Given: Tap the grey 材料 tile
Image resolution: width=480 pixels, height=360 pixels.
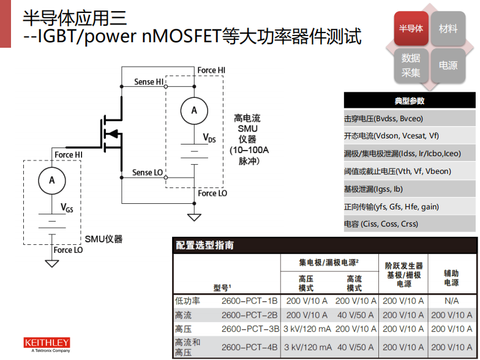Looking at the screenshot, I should click(x=448, y=29).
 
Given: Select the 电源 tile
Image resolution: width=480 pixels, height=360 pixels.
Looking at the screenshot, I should click(x=448, y=65).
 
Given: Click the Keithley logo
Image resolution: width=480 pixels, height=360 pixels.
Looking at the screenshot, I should click(x=47, y=344).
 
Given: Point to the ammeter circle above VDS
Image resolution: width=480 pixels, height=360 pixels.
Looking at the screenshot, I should click(x=194, y=110).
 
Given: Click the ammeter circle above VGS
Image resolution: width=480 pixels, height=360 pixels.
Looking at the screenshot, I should click(x=52, y=180).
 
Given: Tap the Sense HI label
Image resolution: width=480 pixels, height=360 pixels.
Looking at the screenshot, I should click(x=149, y=82).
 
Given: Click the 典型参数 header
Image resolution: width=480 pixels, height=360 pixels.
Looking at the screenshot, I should click(x=410, y=100).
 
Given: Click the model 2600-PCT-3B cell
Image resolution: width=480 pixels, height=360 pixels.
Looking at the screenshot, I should click(x=249, y=329).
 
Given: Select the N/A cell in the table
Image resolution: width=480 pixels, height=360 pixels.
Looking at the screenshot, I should click(x=452, y=301).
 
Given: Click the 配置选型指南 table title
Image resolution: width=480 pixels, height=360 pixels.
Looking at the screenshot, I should click(x=204, y=246).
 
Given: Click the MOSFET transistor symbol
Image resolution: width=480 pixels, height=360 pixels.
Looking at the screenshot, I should click(x=110, y=132).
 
